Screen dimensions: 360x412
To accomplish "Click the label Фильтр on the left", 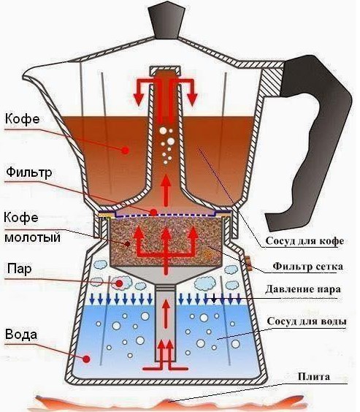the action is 29,172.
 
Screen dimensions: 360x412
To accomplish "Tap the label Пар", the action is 20,269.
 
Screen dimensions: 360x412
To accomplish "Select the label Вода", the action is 21,335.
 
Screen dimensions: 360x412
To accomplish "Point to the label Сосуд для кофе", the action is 305,240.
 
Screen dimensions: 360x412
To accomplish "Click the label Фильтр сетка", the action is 307,267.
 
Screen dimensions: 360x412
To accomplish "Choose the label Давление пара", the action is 303,289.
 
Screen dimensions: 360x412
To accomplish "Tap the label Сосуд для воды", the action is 307,321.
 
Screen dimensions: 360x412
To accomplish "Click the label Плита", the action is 314,376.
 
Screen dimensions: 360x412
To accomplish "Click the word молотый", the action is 33,238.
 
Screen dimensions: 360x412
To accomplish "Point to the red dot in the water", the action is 86,359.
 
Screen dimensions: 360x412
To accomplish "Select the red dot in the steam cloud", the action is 119,283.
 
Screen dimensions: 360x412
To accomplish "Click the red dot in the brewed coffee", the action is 126,150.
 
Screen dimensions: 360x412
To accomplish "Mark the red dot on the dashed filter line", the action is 153,212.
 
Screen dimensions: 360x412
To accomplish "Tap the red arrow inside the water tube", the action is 166,314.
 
